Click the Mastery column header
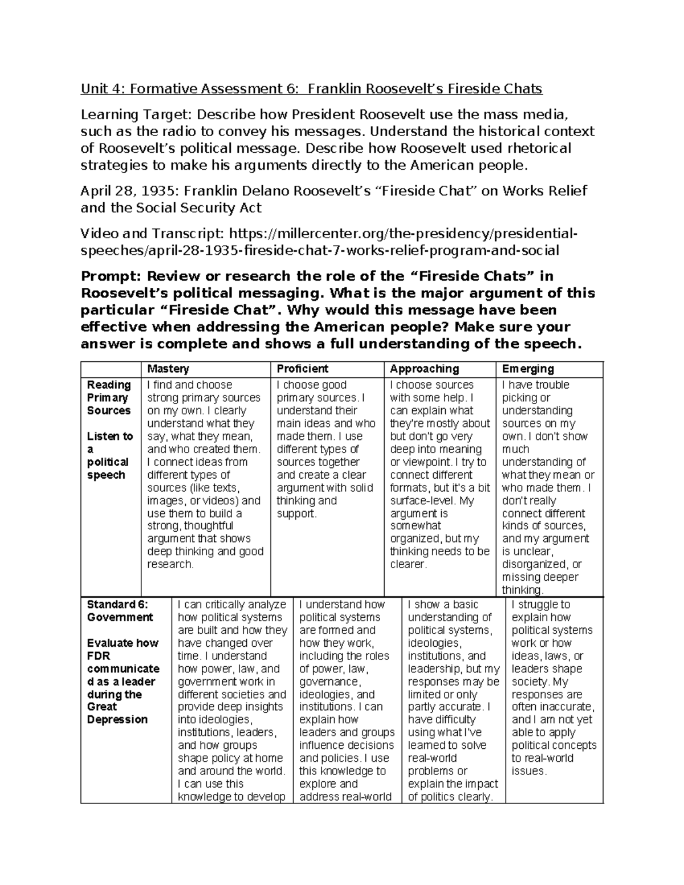click(x=168, y=369)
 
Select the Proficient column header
click(x=303, y=369)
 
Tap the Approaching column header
click(x=424, y=369)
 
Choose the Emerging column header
click(x=528, y=369)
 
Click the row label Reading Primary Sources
click(x=109, y=398)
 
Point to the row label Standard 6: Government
click(x=120, y=611)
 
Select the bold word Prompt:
click(x=111, y=276)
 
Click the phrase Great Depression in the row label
click(x=117, y=713)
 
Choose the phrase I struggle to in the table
click(x=540, y=605)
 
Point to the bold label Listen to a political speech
click(x=109, y=455)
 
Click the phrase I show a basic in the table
click(x=443, y=605)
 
